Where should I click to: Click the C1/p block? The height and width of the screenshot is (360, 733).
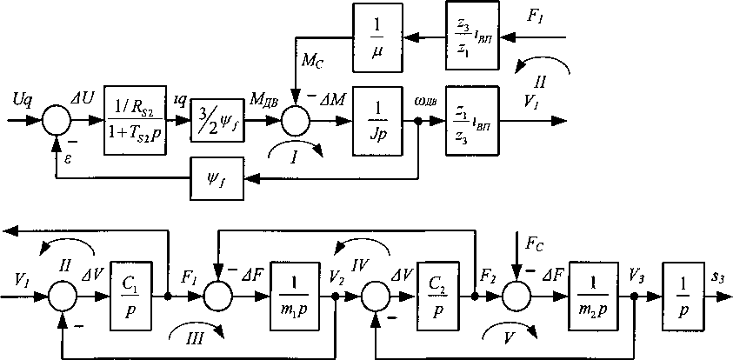pyautogui.click(x=137, y=295)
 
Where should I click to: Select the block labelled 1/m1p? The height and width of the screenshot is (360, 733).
pyautogui.click(x=297, y=295)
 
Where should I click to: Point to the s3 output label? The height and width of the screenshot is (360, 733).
pyautogui.click(x=718, y=277)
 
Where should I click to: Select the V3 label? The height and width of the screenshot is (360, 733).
pyautogui.click(x=637, y=277)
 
